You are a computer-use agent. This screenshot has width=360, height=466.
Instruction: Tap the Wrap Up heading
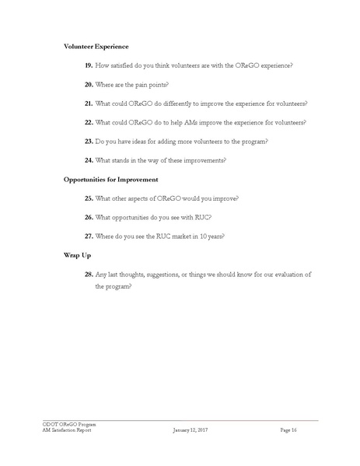pyautogui.click(x=78, y=254)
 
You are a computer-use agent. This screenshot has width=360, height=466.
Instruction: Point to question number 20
pyautogui.click(x=89, y=85)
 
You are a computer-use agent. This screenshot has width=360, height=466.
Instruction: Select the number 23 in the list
pyautogui.click(x=89, y=142)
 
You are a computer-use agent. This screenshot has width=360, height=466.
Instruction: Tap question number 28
pyautogui.click(x=89, y=274)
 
